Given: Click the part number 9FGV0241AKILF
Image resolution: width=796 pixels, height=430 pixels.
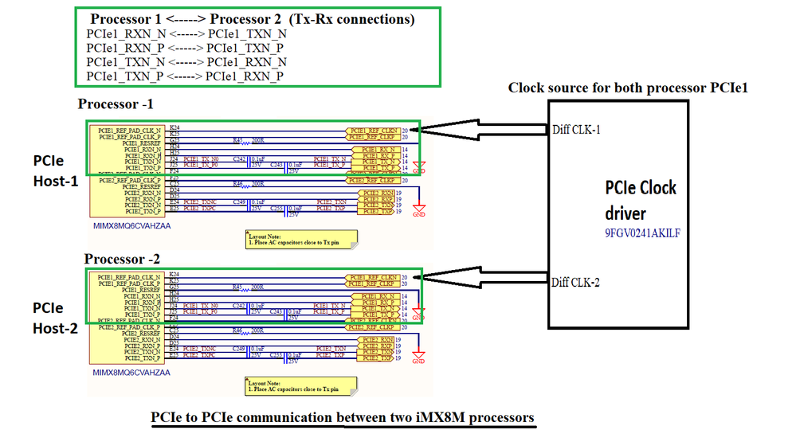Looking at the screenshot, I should tap(643, 234).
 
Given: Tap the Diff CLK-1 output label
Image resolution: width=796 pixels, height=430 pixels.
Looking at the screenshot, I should tap(577, 130).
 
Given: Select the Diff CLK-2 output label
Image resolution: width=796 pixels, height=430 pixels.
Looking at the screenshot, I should tap(577, 281).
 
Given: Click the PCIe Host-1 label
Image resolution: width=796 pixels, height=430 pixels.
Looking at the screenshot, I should tap(55, 171).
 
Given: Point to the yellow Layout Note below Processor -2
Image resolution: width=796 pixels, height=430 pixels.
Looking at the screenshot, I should tap(302, 386).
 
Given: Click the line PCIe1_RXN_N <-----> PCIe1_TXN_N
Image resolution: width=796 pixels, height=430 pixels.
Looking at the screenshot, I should tap(186, 33).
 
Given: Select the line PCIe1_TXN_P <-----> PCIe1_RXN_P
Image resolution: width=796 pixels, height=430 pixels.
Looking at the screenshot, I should tap(186, 76).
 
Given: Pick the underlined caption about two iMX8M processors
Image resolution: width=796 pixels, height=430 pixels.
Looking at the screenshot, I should tap(343, 417).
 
